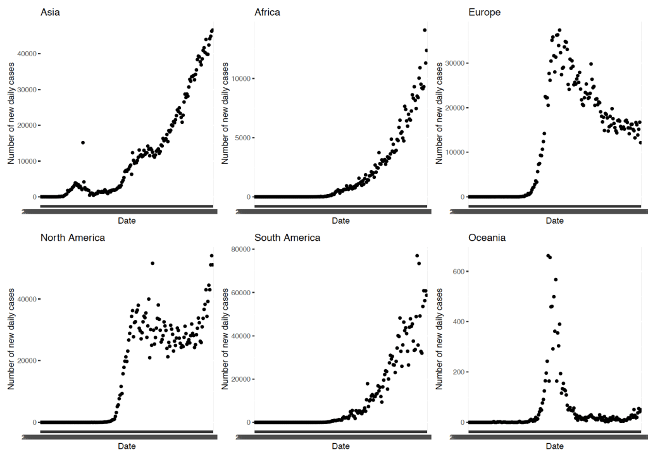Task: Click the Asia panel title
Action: point(51,12)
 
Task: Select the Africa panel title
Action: point(267,12)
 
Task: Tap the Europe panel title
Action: point(484,12)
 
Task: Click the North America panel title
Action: point(73,238)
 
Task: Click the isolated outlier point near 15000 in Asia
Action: point(83,142)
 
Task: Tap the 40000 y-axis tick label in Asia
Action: point(27,54)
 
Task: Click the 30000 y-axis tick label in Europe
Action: point(454,63)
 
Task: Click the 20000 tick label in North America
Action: point(27,360)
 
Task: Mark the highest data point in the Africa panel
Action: point(425,30)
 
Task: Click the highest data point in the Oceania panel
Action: point(547,255)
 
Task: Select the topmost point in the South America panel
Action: point(417,256)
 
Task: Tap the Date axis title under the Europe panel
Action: point(554,221)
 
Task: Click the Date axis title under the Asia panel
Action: point(127,221)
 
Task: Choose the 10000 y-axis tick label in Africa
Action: point(240,78)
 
